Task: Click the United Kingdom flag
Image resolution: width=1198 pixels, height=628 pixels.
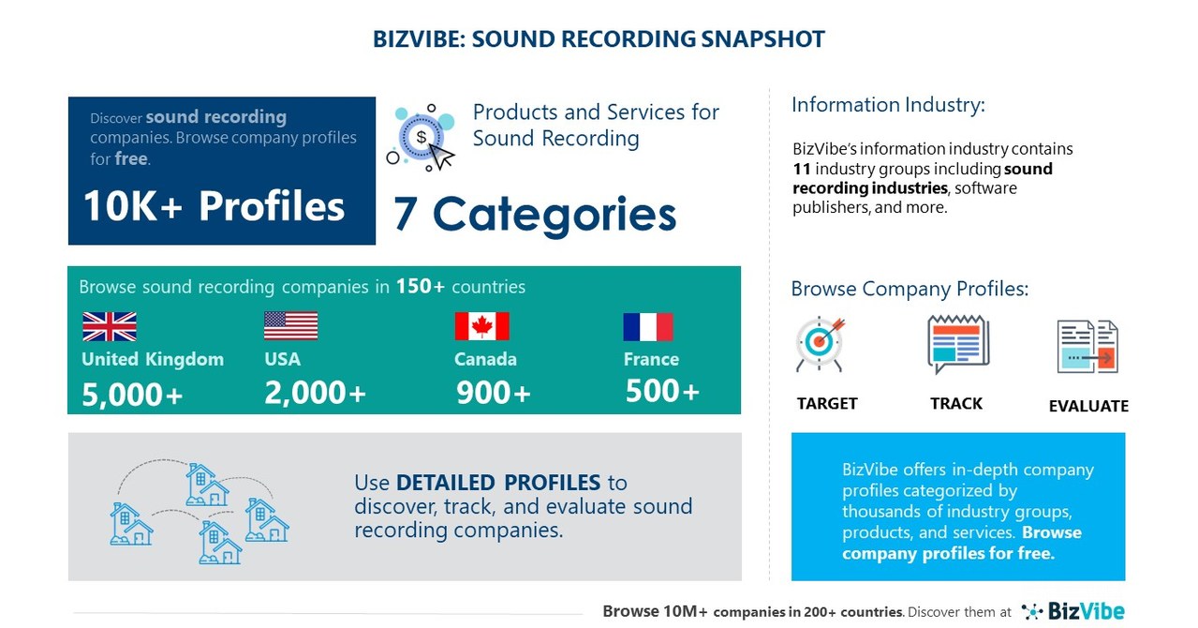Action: [x=110, y=326]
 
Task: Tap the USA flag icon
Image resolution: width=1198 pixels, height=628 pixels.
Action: [x=290, y=326]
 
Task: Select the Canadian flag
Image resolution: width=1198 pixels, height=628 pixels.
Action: [x=481, y=326]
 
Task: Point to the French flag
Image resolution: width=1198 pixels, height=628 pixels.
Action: [x=648, y=326]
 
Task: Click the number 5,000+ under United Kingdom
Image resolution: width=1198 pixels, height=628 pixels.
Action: [x=132, y=395]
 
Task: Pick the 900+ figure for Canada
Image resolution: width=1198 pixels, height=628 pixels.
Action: [x=494, y=393]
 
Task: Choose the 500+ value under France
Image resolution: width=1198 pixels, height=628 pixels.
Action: [x=662, y=391]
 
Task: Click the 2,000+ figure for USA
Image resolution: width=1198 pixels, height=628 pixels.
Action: [x=315, y=394]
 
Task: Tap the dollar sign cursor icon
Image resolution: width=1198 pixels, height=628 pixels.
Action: [x=422, y=138]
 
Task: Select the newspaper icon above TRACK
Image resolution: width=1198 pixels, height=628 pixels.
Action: [x=957, y=344]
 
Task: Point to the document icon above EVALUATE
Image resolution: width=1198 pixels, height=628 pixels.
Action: [x=1087, y=348]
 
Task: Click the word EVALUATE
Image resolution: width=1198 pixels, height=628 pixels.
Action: [x=1088, y=406]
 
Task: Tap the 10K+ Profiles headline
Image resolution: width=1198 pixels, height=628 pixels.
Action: [x=214, y=206]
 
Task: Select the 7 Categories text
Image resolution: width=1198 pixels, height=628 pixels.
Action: [x=535, y=214]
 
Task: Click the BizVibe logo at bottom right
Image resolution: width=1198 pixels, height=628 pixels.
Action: [x=1073, y=611]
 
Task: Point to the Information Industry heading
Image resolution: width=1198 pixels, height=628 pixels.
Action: [x=888, y=105]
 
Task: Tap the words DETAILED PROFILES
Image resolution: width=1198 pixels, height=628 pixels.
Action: [x=498, y=483]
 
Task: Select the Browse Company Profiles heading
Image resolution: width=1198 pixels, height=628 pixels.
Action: [x=910, y=289]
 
